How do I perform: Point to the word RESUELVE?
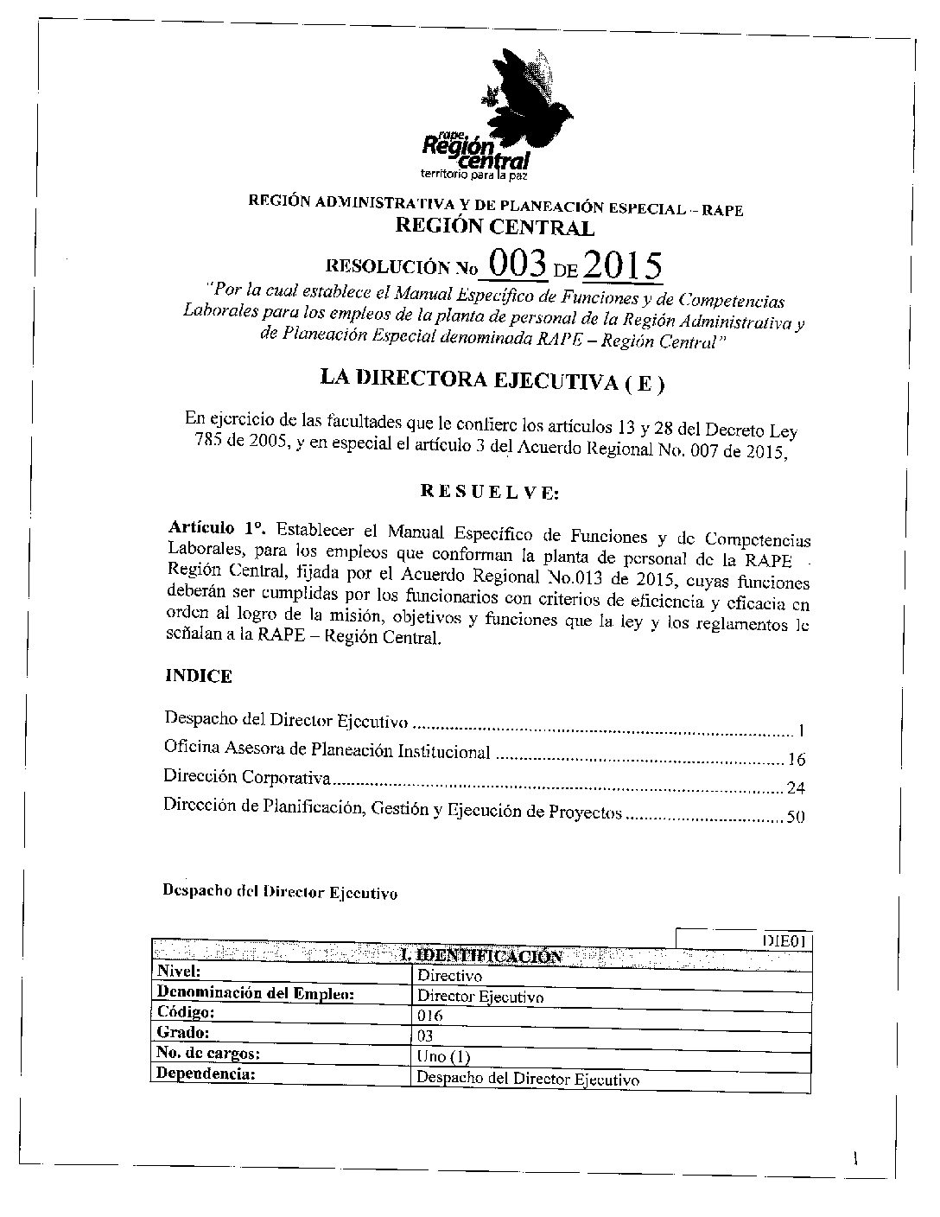coord(489,493)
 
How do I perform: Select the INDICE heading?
coord(198,676)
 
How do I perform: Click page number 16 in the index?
coord(797,760)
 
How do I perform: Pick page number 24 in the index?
coord(797,787)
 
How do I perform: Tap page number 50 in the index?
coord(797,815)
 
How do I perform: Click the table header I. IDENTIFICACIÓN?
coord(481,955)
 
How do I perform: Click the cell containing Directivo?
coord(448,976)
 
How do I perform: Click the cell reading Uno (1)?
coord(443,1056)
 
